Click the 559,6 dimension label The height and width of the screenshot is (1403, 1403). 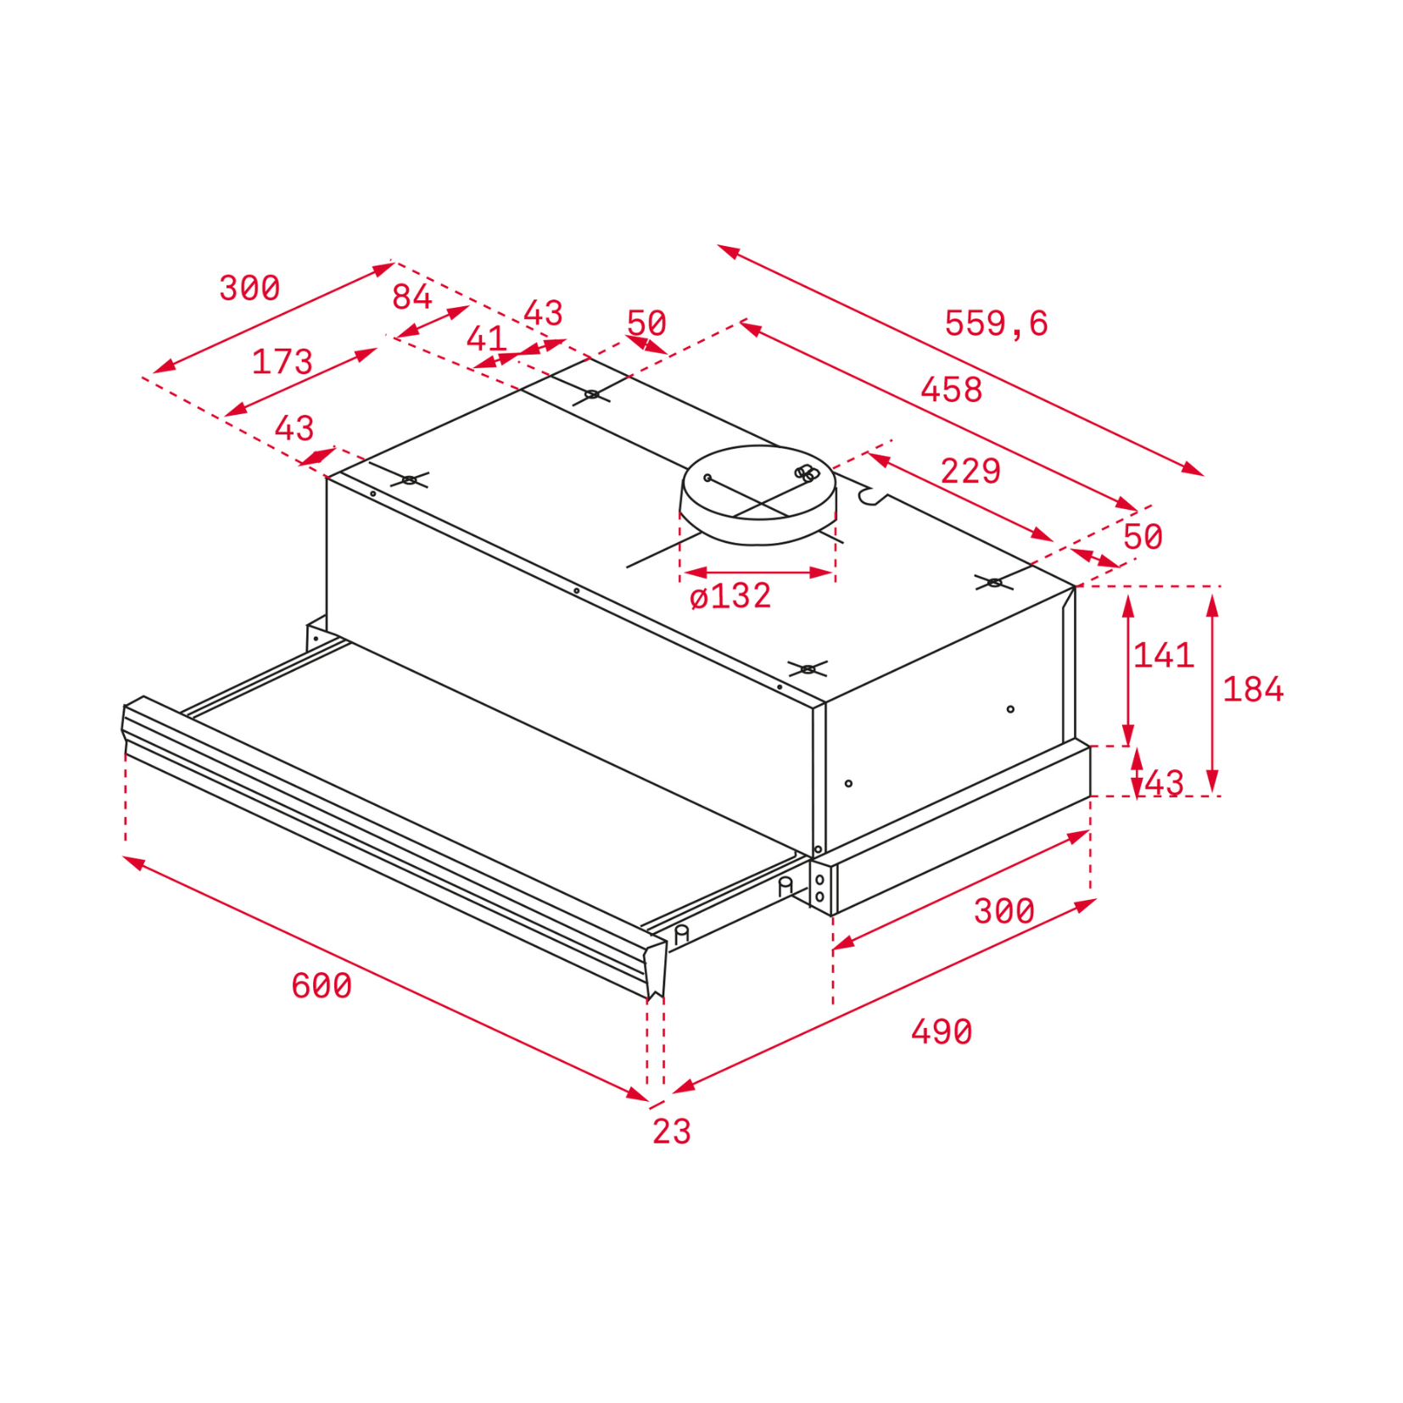tap(996, 323)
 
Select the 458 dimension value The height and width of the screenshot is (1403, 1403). tap(951, 389)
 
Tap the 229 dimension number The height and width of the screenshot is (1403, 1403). tap(970, 471)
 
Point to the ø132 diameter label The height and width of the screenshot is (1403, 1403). tap(730, 595)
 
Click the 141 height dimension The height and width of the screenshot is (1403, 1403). tap(1164, 655)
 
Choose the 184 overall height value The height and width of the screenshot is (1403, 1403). tap(1253, 689)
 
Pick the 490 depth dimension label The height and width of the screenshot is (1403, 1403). tap(942, 1031)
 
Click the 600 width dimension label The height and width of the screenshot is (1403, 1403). tap(321, 986)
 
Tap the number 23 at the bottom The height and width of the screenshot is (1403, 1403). tap(672, 1132)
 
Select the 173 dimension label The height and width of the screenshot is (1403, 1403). tap(282, 362)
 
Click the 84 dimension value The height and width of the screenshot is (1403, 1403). tap(412, 297)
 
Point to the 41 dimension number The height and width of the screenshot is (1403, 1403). tap(486, 339)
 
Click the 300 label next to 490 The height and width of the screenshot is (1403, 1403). tap(1004, 911)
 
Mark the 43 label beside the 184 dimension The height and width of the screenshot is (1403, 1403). tap(1164, 784)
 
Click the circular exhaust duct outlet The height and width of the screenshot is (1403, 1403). tap(758, 495)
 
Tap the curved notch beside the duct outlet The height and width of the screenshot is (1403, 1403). tap(872, 495)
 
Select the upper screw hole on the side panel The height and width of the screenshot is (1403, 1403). tap(1010, 709)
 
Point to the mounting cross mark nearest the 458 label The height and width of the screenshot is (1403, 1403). tap(994, 583)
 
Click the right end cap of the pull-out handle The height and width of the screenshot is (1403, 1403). tap(655, 968)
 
